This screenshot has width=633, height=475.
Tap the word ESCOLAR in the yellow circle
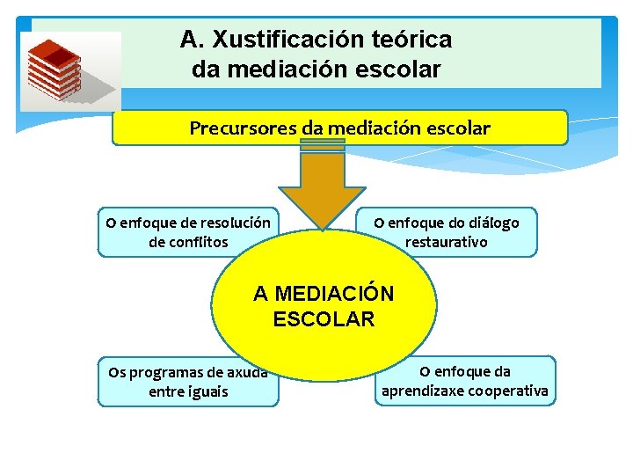coord(324,318)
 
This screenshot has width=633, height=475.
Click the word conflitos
coord(200,241)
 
